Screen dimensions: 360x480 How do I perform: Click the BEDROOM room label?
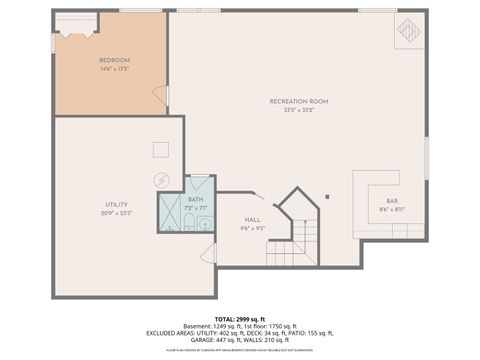(x=114, y=61)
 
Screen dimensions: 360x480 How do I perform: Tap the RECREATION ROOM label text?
(x=298, y=101)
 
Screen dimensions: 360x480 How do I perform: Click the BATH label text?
(x=195, y=199)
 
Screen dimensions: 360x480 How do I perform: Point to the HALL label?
(x=252, y=219)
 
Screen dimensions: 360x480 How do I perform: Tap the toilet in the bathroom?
(x=188, y=223)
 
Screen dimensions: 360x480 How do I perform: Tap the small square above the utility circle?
(x=160, y=149)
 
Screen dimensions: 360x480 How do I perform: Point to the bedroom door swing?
(x=160, y=96)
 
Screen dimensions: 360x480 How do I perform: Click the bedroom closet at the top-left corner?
(x=76, y=27)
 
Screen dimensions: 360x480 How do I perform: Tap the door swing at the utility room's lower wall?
(x=208, y=255)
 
